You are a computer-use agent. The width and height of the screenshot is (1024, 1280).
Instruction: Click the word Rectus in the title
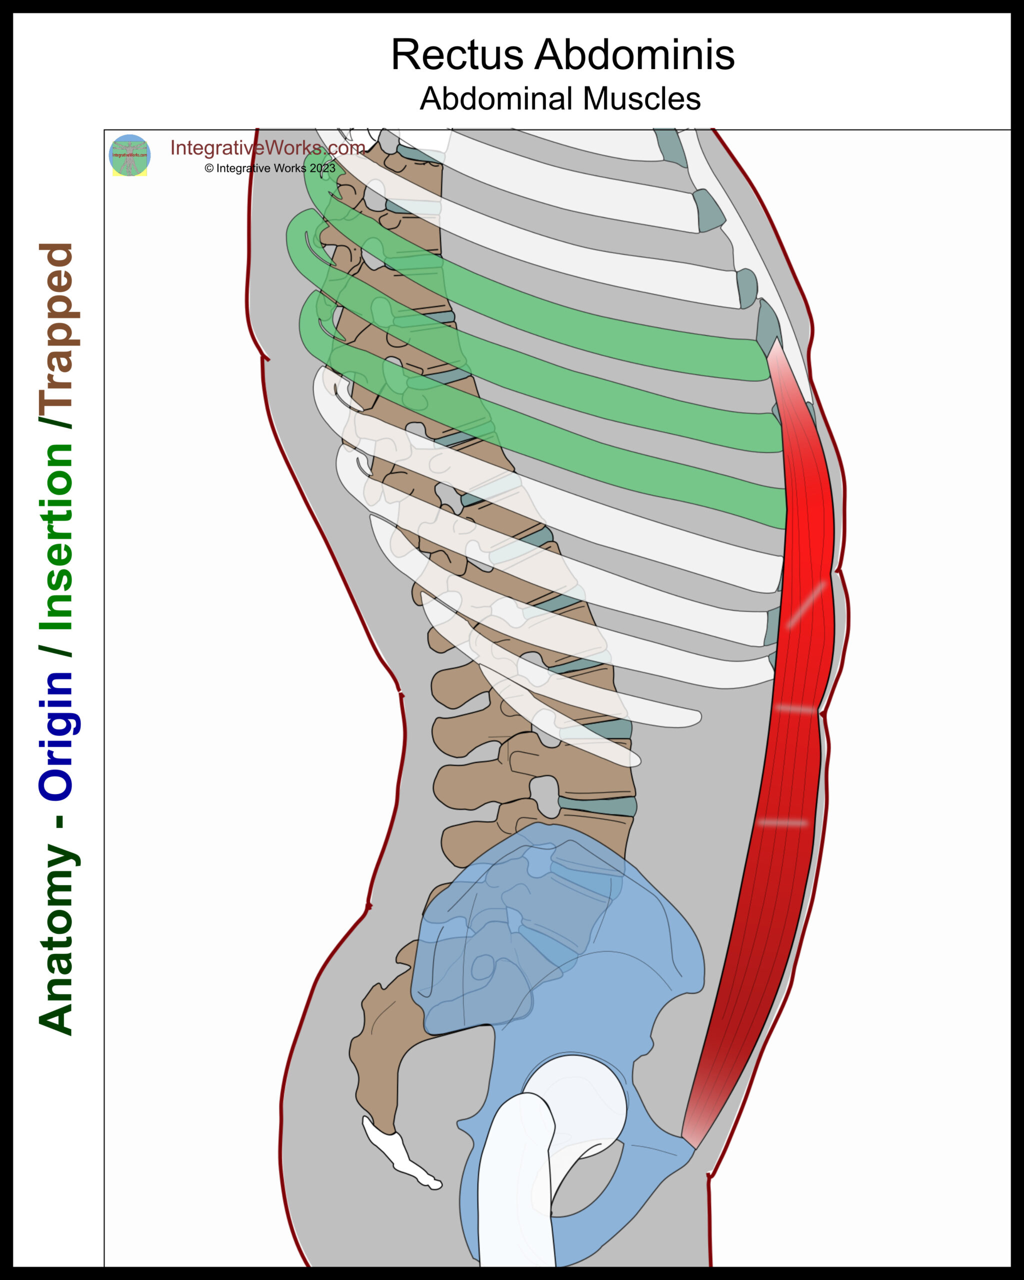pos(456,55)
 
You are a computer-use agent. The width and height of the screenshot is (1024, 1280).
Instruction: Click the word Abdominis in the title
pos(634,55)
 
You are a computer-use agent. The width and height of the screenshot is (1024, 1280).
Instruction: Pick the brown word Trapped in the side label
pos(56,335)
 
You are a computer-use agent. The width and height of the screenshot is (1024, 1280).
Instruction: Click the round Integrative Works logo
pos(129,155)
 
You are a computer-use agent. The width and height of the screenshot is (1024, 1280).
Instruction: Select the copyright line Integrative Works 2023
pos(270,168)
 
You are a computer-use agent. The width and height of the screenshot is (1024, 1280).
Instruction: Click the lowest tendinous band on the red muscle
pos(782,823)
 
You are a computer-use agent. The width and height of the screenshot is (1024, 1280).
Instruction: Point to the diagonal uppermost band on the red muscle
pos(805,604)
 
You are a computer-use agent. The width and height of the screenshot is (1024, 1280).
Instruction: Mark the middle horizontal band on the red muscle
pos(796,709)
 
